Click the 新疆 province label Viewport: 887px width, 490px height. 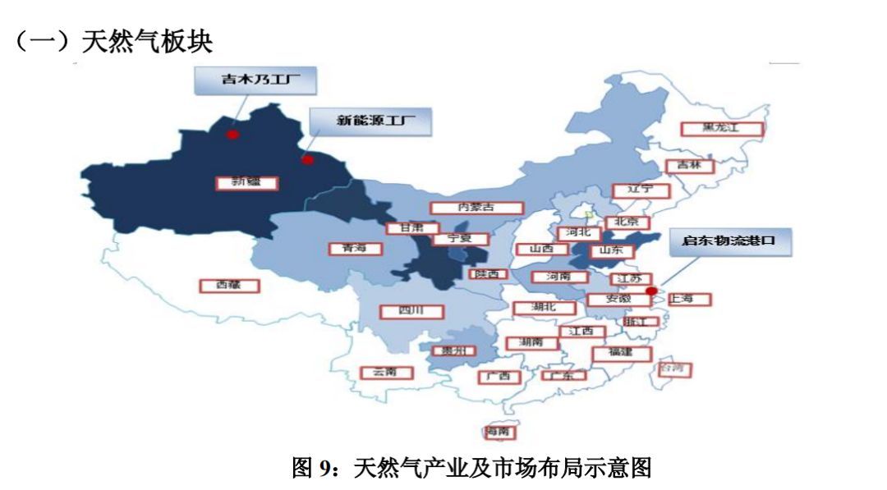pos(246,182)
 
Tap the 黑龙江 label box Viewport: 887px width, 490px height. pos(722,129)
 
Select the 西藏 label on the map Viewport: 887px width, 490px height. pos(230,286)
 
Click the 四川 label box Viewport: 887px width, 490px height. pos(411,312)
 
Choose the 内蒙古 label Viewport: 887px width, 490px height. pos(477,208)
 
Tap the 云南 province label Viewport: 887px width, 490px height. pos(386,373)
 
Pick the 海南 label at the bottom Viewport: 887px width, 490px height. pos(502,432)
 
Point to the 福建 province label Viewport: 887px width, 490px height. pos(622,354)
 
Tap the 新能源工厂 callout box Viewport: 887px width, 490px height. pos(370,121)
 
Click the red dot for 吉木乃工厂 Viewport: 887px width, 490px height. pos(233,134)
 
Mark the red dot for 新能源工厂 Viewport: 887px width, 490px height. pos(307,160)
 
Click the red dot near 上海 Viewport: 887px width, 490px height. pos(651,291)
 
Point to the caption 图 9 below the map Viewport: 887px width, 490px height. pos(471,469)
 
